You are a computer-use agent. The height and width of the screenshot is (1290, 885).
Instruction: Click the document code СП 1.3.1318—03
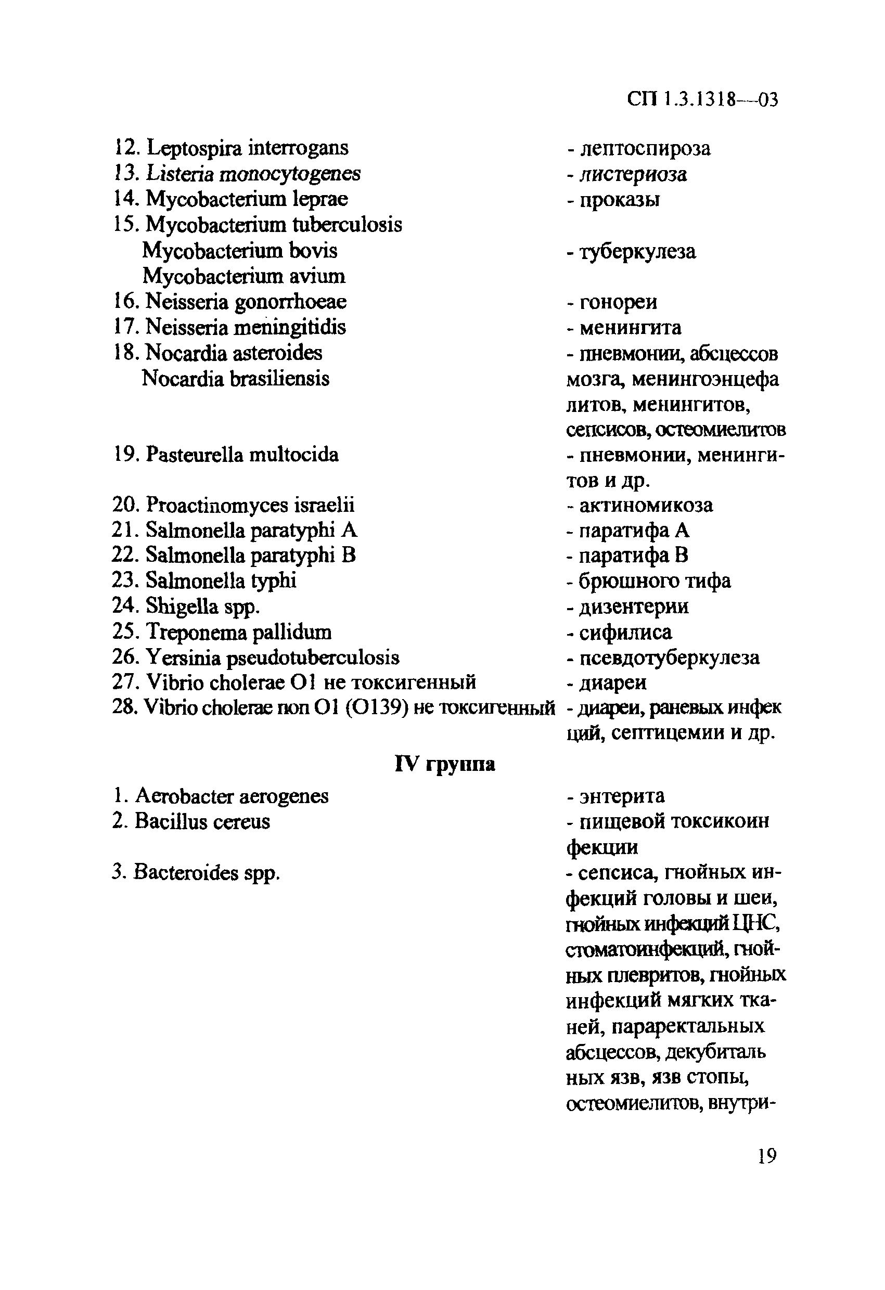tap(702, 99)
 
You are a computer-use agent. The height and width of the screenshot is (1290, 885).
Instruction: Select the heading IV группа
tap(445, 764)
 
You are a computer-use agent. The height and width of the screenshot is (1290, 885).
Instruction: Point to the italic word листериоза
tap(633, 174)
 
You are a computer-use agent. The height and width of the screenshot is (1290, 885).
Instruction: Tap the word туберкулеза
tap(637, 251)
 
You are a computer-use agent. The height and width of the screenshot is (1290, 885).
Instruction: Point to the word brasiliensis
tap(279, 379)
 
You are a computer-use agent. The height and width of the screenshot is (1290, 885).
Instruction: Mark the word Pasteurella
tap(194, 455)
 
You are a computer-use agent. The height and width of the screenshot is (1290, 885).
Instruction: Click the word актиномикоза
tap(646, 505)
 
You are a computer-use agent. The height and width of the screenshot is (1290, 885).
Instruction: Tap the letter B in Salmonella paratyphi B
tap(349, 555)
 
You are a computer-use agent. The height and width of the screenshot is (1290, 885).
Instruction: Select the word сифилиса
tap(625, 632)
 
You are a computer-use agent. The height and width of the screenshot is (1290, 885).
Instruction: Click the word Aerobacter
tap(184, 796)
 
